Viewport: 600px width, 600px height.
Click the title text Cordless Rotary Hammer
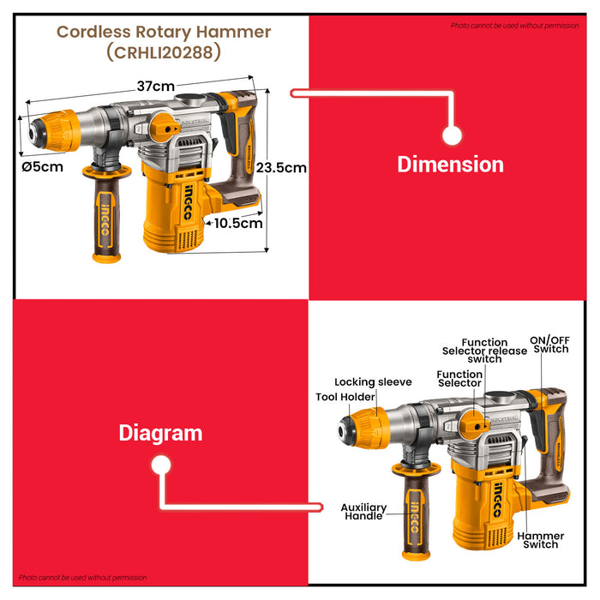[x=164, y=33]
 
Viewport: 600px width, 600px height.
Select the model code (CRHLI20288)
[x=164, y=53]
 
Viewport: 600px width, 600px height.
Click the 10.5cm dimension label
[x=237, y=223]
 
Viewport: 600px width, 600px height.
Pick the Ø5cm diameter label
[x=42, y=167]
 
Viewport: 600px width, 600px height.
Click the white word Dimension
[x=450, y=164]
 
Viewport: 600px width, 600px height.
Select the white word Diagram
[x=160, y=433]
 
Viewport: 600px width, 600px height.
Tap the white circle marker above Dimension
[x=453, y=135]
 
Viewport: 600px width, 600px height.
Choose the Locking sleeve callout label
[x=373, y=381]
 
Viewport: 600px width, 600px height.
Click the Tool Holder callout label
[x=345, y=397]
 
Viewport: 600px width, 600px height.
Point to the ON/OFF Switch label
[x=549, y=343]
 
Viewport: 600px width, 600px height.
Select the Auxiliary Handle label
[x=363, y=512]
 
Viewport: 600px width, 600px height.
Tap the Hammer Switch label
[x=541, y=540]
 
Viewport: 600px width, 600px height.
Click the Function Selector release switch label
[x=484, y=351]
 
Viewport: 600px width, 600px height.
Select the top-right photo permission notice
[x=514, y=26]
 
